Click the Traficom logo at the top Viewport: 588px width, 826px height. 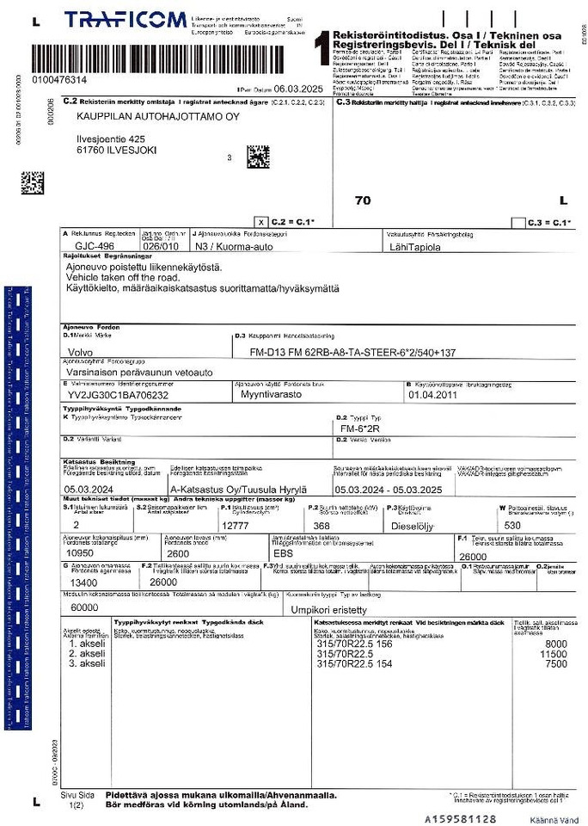tap(125, 20)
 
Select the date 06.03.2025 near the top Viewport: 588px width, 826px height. tap(301, 89)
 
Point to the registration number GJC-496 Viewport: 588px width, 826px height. tap(95, 244)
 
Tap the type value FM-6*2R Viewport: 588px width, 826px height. tap(360, 428)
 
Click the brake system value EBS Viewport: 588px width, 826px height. tap(283, 553)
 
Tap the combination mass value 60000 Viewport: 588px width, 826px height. tap(85, 607)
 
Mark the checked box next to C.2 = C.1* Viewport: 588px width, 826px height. tap(261, 222)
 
